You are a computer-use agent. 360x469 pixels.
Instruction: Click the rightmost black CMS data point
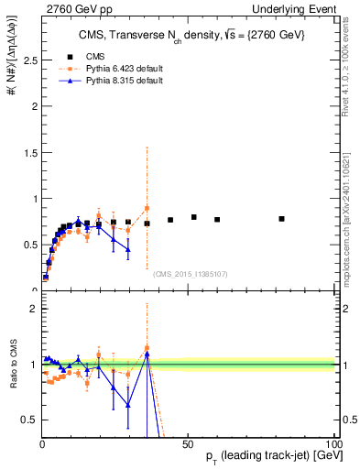(x=281, y=219)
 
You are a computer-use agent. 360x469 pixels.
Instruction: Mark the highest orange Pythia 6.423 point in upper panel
(x=147, y=208)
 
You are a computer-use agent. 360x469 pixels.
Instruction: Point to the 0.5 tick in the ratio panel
(x=31, y=420)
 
